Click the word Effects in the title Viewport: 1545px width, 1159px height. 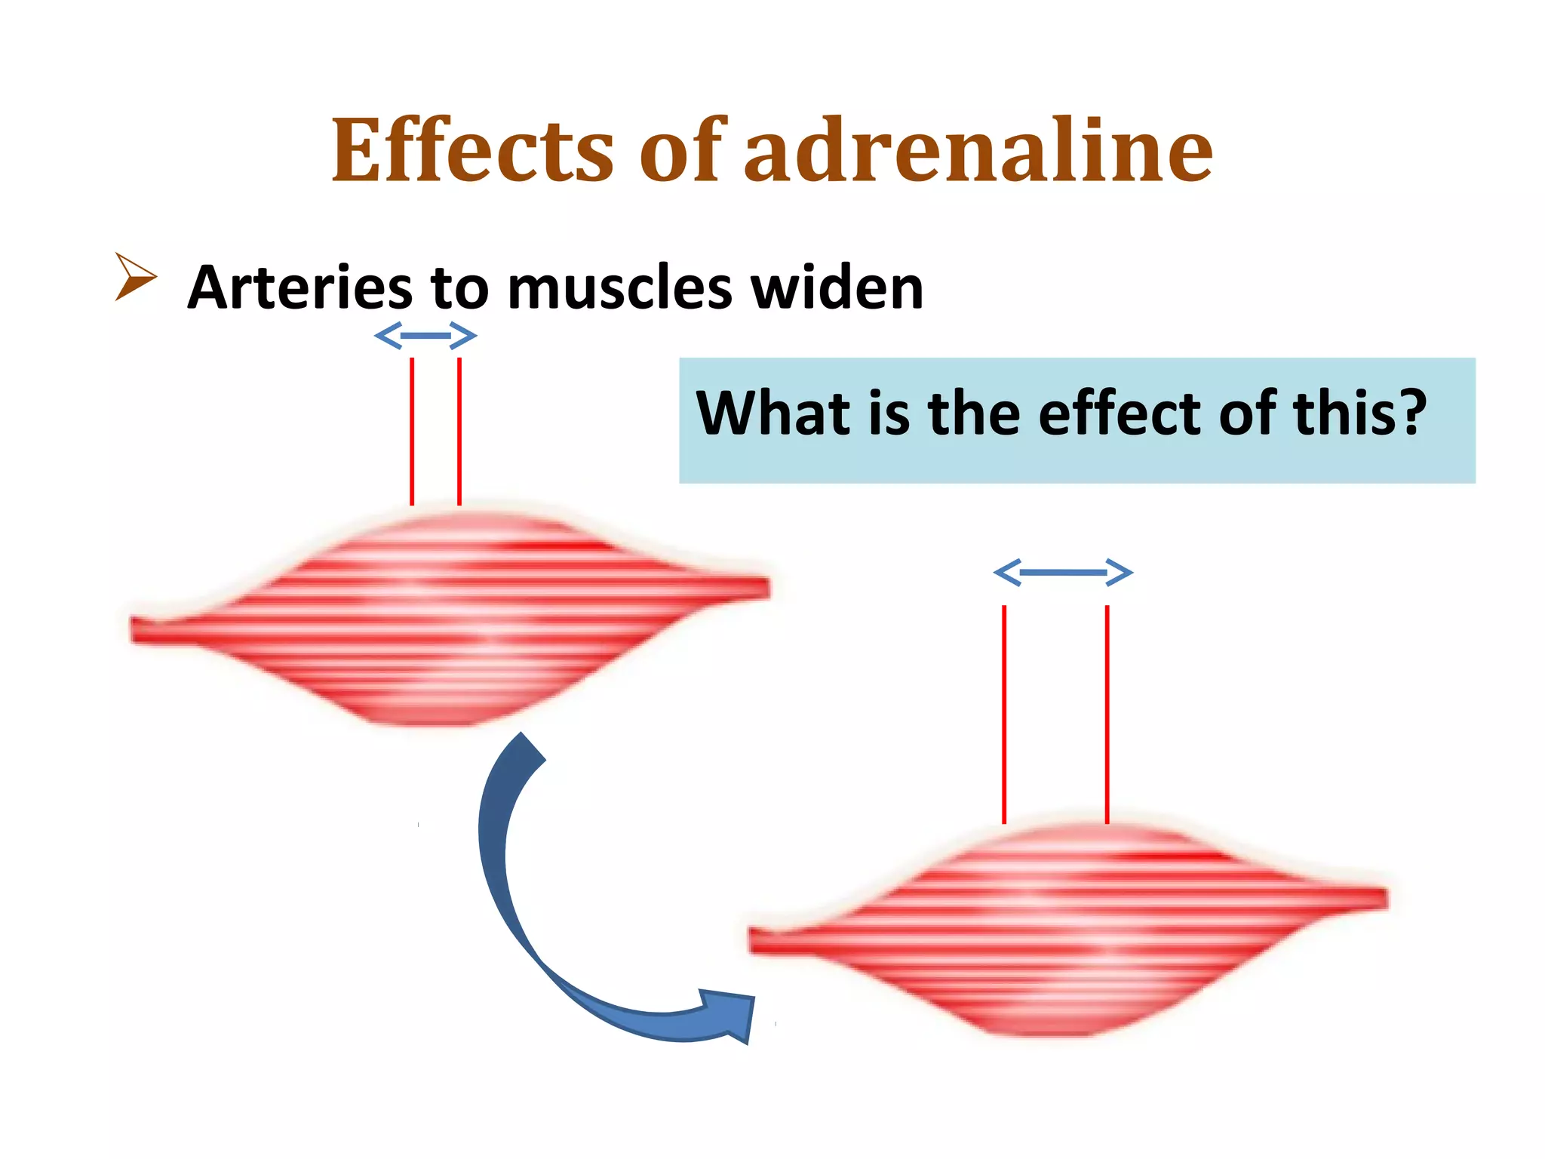coord(472,151)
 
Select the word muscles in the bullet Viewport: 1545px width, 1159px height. coord(620,289)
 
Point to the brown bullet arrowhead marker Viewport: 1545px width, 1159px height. coord(135,277)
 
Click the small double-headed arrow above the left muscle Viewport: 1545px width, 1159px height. coord(425,336)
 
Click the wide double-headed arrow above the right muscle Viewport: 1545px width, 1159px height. coord(1063,573)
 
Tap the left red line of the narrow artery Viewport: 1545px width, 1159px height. coord(412,431)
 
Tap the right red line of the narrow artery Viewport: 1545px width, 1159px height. coord(459,431)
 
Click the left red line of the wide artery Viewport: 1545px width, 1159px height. coord(1004,714)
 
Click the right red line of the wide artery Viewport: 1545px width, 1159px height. coord(1107,714)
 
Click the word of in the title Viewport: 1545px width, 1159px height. coord(682,151)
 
